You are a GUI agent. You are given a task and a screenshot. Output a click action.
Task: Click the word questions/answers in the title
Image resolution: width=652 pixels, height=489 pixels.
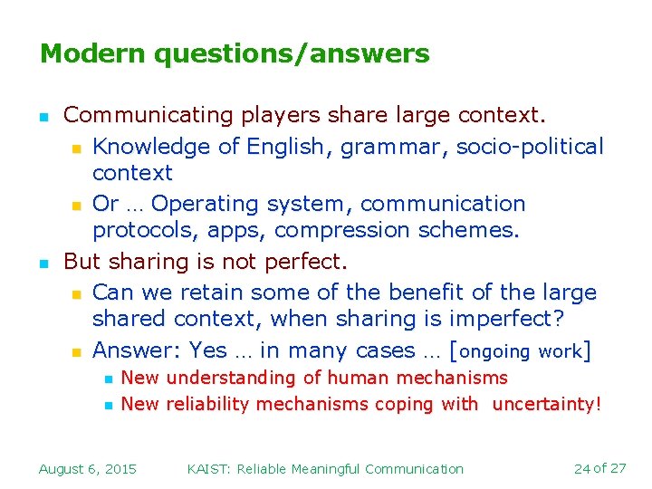tap(292, 55)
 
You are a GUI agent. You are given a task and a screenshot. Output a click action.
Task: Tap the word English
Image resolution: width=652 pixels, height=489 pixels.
tap(291, 147)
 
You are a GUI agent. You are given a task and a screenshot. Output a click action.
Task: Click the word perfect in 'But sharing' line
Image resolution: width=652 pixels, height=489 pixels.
tap(302, 263)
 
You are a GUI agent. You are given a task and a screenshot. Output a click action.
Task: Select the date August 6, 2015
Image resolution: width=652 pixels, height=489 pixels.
tap(88, 468)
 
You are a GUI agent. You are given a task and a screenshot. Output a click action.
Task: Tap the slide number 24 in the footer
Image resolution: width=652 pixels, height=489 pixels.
tap(582, 468)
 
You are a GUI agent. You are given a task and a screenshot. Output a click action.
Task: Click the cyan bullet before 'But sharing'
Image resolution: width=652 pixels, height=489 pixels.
tap(43, 264)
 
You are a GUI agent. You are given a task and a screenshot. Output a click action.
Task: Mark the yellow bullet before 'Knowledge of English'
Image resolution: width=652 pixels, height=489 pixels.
tap(76, 148)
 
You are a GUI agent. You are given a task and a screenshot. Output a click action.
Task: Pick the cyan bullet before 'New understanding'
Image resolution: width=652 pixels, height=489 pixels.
tap(106, 379)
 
